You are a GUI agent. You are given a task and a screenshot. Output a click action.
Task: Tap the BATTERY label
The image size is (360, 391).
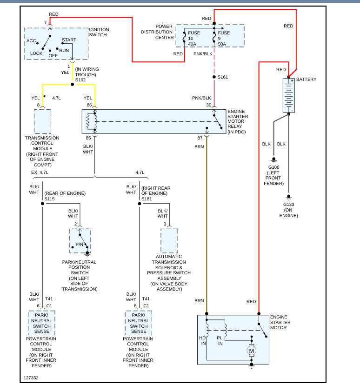306,80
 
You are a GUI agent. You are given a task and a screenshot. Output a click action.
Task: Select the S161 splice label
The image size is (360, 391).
223,77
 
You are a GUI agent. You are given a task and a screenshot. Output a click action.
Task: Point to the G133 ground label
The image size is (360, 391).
288,204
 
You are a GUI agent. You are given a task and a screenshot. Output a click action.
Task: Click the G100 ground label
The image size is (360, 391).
274,166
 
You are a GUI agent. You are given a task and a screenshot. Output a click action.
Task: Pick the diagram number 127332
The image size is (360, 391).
31,378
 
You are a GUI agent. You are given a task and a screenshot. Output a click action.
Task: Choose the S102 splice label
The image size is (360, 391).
80,80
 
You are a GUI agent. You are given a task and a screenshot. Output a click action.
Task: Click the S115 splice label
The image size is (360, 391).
49,199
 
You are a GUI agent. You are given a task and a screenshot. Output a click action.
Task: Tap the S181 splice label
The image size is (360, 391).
147,199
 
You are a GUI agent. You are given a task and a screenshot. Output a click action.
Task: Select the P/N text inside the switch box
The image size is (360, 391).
79,245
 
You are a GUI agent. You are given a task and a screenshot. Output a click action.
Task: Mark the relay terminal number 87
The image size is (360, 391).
200,138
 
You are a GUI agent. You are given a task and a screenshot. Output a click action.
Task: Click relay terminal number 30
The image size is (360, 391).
208,105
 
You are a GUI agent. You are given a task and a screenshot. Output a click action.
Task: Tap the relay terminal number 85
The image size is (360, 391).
88,138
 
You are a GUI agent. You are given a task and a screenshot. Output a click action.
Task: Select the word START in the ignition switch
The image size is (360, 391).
69,40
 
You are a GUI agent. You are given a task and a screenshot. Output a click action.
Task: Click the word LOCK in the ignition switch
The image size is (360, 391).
36,53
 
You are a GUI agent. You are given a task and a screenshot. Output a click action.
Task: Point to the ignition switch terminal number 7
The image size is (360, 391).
45,22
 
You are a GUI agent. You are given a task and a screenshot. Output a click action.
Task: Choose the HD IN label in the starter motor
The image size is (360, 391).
203,340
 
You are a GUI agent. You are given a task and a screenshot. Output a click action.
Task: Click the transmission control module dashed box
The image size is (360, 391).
42,121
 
